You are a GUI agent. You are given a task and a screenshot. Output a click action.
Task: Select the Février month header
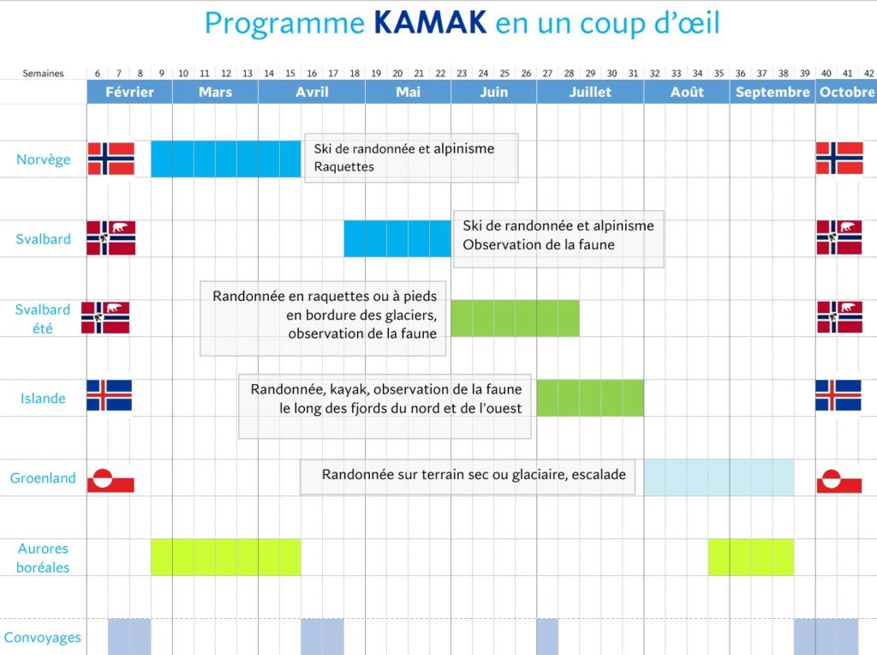(x=129, y=92)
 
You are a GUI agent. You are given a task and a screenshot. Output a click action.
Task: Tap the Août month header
(x=686, y=92)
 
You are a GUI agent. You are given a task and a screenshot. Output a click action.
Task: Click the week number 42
(x=868, y=74)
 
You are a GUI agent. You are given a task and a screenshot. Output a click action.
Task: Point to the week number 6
(x=98, y=74)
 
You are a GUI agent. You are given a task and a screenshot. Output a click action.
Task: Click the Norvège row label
(x=43, y=159)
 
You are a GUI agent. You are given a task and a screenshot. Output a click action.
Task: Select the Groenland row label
(x=43, y=478)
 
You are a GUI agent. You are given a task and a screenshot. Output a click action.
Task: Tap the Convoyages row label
(x=43, y=637)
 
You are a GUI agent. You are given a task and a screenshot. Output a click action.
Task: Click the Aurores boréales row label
(x=43, y=558)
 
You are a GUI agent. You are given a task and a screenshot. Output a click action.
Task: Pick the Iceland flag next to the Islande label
(x=109, y=396)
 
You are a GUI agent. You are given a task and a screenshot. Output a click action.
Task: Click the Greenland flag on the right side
(x=838, y=479)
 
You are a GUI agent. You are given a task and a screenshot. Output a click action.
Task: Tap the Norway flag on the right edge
(x=838, y=159)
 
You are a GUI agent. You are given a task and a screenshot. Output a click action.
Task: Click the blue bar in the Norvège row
(x=226, y=159)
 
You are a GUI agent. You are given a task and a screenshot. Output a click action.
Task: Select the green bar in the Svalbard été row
(x=515, y=318)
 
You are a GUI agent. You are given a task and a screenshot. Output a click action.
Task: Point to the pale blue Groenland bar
(x=719, y=478)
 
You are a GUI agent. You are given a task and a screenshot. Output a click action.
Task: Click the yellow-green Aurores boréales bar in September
(x=750, y=557)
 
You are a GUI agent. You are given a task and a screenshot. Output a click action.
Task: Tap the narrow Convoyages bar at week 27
(x=547, y=636)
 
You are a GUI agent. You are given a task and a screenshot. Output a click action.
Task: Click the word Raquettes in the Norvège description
(x=344, y=166)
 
